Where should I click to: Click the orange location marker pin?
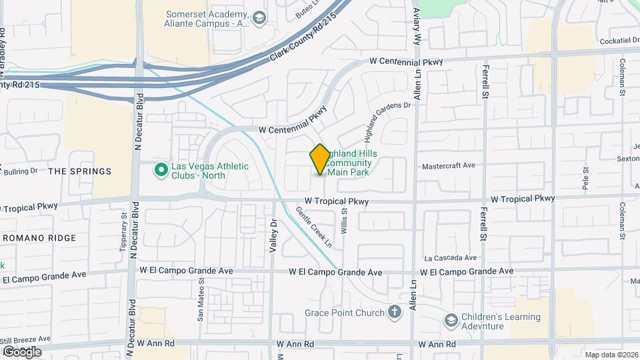click(x=320, y=159)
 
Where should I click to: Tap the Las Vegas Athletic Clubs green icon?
click(x=160, y=171)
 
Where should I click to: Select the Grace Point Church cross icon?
click(x=395, y=312)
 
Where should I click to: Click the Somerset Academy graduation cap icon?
click(x=259, y=17)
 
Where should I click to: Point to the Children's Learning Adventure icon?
click(x=451, y=321)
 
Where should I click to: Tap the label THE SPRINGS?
click(x=80, y=171)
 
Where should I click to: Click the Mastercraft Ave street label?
click(x=449, y=165)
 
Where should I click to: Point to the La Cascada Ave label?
click(x=451, y=258)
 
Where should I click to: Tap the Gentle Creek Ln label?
click(x=314, y=227)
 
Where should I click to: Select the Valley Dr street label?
click(x=273, y=237)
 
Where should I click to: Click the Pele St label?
click(x=585, y=179)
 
